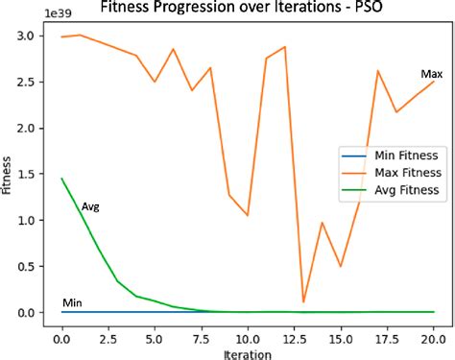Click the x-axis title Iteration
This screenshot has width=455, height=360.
click(x=248, y=353)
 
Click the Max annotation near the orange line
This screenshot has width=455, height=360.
click(x=431, y=75)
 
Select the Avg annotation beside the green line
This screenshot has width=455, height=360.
click(x=90, y=206)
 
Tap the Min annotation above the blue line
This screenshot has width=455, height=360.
click(x=72, y=303)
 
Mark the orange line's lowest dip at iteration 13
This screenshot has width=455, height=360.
click(x=303, y=302)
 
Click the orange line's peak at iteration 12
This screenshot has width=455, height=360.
click(x=284, y=47)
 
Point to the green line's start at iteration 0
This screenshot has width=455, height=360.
click(x=62, y=179)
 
